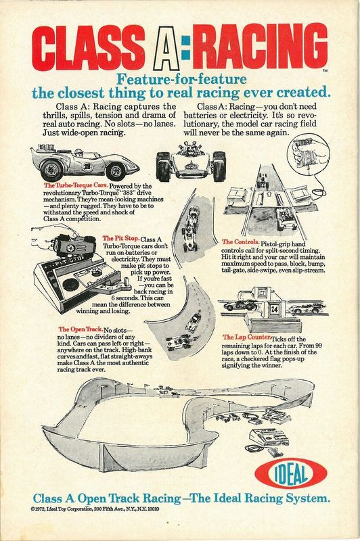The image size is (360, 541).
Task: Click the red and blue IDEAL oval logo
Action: pos(290,473)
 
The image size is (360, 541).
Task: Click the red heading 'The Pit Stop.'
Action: pos(121,239)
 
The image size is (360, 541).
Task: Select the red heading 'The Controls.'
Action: pos(241,242)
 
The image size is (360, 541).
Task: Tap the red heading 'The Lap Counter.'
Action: pos(246,337)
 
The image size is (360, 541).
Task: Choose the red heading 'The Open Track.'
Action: pos(81,329)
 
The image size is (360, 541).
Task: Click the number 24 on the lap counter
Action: pos(275,309)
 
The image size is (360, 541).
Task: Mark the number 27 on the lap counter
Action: pos(263,293)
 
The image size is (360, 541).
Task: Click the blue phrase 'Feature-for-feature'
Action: pos(181,79)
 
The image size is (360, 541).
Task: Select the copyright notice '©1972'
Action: pos(38,509)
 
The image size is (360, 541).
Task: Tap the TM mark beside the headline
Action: pos(325,70)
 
